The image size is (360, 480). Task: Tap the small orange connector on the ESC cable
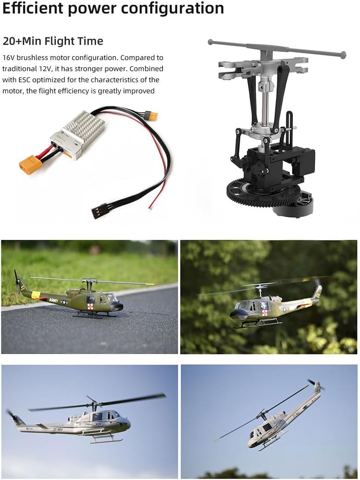click(152, 116)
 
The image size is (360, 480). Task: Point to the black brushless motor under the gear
click(294, 205)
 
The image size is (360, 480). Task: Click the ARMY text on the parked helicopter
click(54, 300)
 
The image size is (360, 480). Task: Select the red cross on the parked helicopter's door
click(90, 306)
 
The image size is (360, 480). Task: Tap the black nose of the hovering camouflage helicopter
click(238, 314)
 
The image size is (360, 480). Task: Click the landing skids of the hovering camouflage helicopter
click(259, 324)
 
